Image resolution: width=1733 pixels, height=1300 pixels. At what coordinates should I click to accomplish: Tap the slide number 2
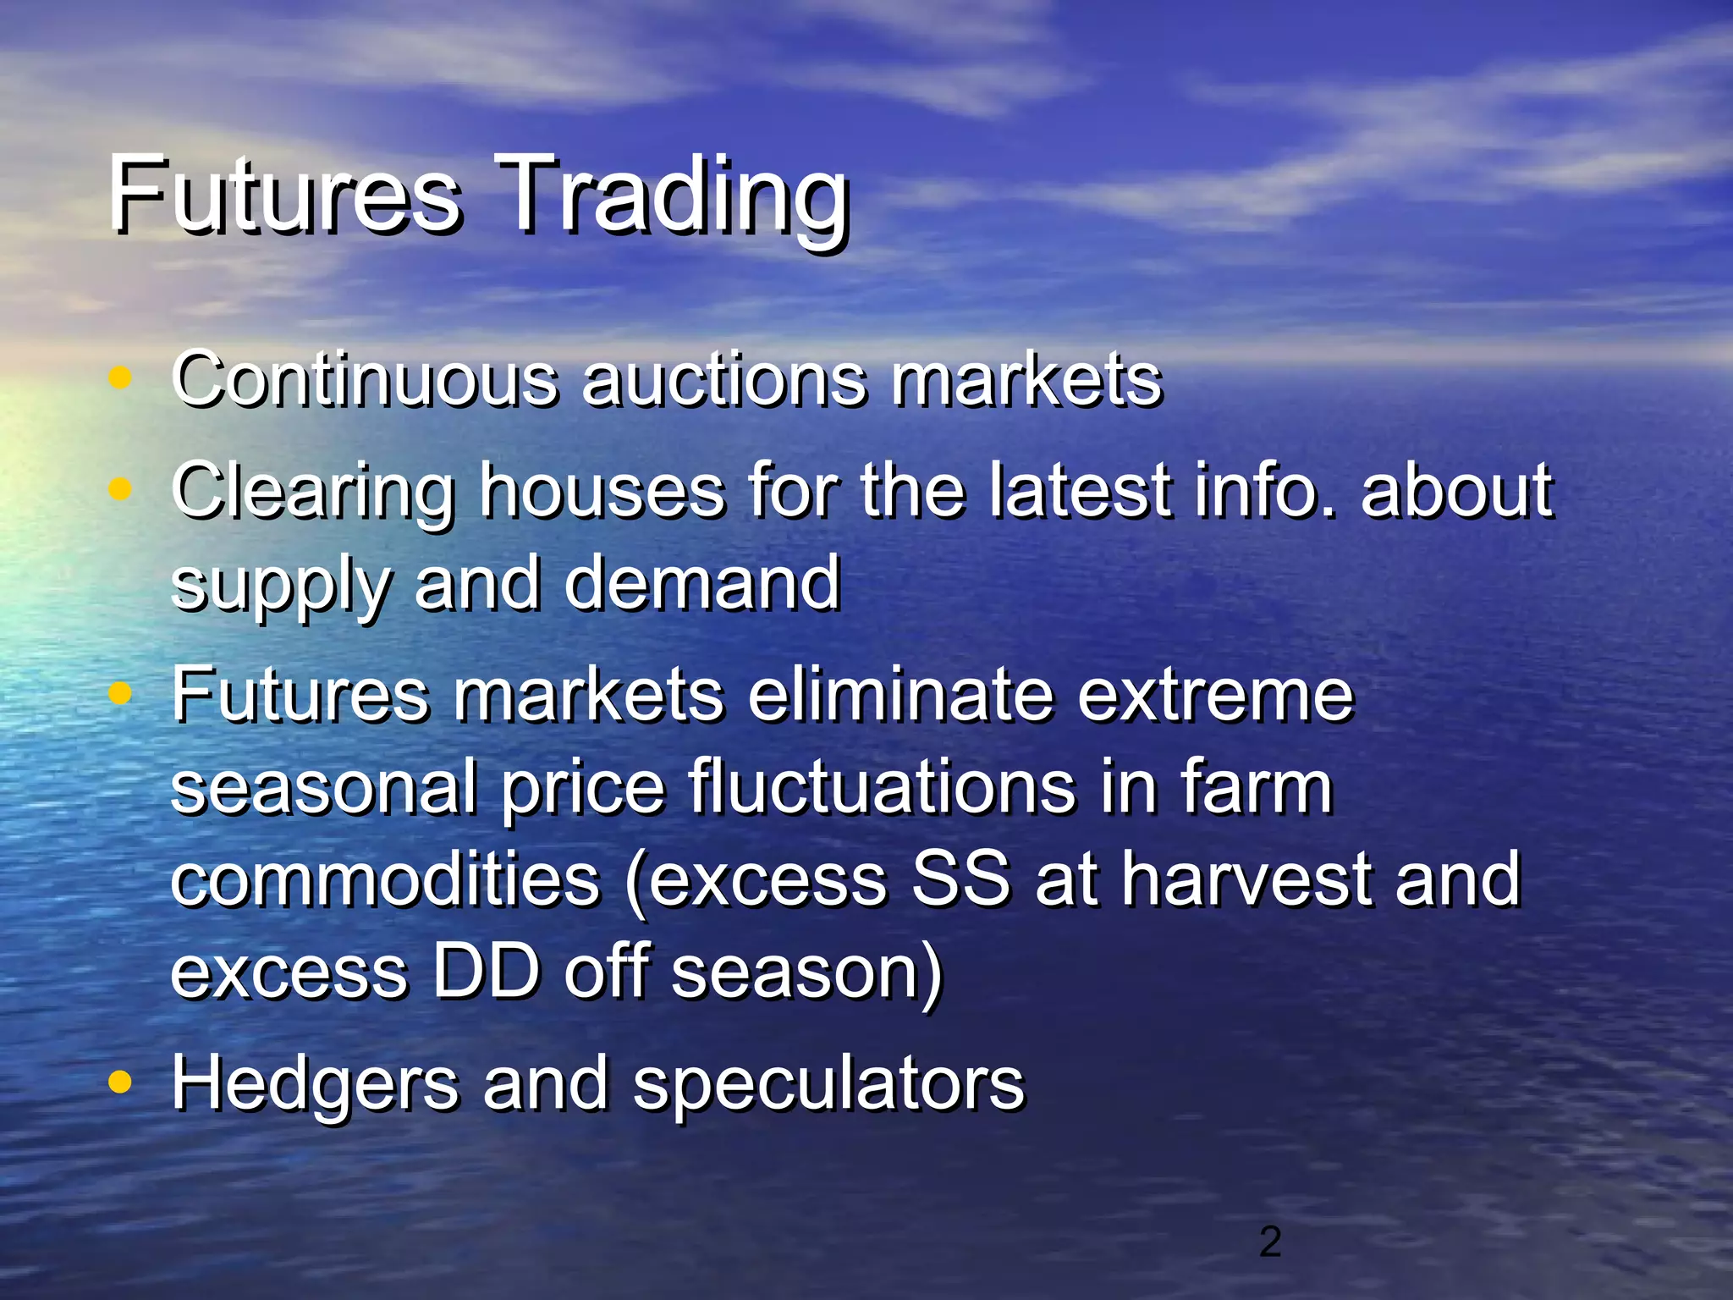(x=1269, y=1242)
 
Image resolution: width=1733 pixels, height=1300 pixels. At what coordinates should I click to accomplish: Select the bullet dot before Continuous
(x=121, y=378)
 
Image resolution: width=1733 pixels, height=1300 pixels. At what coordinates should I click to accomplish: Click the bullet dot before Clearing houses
(x=121, y=488)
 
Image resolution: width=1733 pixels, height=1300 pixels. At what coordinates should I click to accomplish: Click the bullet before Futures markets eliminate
(x=121, y=693)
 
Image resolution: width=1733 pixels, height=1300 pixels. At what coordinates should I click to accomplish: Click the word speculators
(x=828, y=1084)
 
